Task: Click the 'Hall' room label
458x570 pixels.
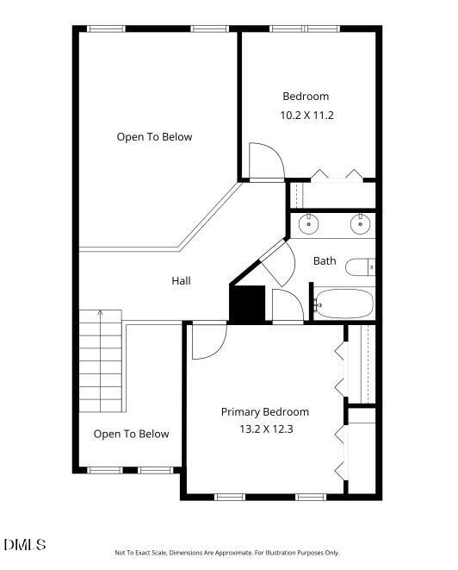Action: click(181, 280)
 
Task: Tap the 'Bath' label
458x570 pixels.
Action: click(325, 260)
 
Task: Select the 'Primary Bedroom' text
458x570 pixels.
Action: click(264, 412)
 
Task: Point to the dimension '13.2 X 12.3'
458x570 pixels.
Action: click(264, 429)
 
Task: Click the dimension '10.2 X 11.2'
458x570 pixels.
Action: click(306, 114)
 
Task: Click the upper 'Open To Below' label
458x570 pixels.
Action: click(154, 137)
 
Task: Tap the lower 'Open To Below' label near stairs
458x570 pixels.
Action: click(131, 434)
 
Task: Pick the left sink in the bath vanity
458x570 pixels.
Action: click(308, 225)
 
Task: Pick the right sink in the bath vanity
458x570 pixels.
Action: click(360, 225)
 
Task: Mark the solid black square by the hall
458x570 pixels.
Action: click(244, 304)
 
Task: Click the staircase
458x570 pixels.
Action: click(101, 362)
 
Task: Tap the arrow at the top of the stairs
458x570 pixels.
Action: click(100, 315)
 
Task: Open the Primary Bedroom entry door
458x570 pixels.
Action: click(207, 341)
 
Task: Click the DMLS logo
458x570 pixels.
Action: click(24, 545)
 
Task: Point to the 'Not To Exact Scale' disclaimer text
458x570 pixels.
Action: click(227, 553)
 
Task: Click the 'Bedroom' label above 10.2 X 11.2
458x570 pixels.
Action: click(306, 97)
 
